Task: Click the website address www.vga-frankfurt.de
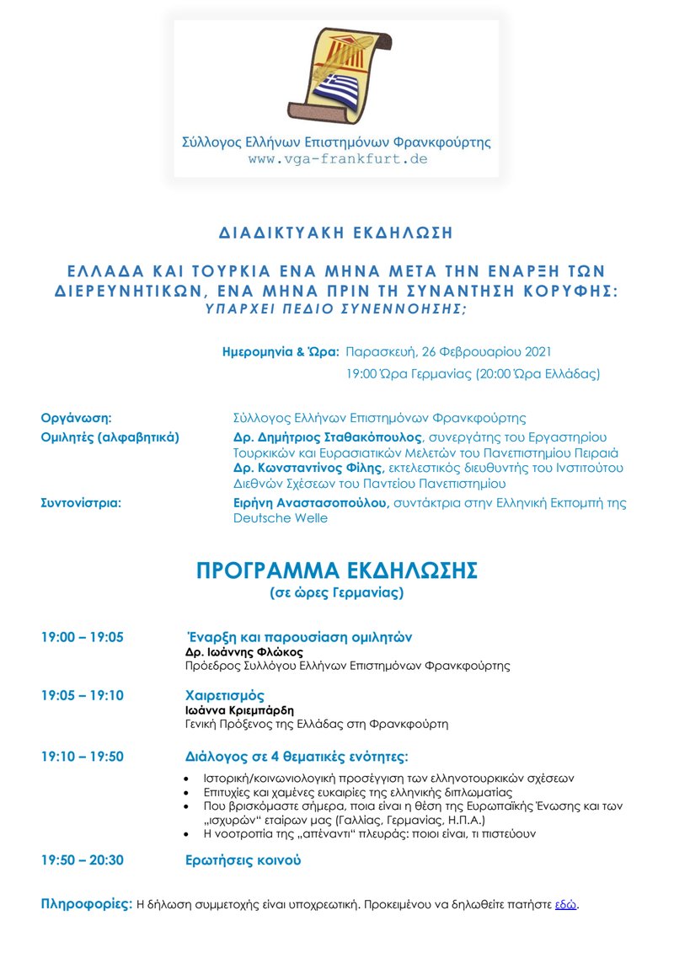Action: [x=337, y=158]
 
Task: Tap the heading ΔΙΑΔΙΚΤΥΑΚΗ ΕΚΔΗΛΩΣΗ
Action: [x=336, y=232]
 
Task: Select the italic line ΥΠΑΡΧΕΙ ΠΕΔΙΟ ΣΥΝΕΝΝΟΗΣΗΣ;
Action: [x=336, y=308]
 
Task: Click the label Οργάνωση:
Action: [x=78, y=417]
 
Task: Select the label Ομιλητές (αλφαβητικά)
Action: [x=110, y=437]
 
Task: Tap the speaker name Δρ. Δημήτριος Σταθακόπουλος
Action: [x=329, y=437]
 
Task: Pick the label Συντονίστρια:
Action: [x=82, y=503]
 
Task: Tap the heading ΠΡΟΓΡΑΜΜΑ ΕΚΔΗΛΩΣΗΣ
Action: [x=336, y=570]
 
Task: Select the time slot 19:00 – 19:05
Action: [x=83, y=637]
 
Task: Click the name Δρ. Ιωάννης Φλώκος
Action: [x=243, y=652]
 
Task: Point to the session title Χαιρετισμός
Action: [x=225, y=696]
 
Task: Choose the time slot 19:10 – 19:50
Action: [x=83, y=757]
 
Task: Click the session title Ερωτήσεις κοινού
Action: [x=243, y=860]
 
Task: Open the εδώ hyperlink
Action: [x=565, y=905]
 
